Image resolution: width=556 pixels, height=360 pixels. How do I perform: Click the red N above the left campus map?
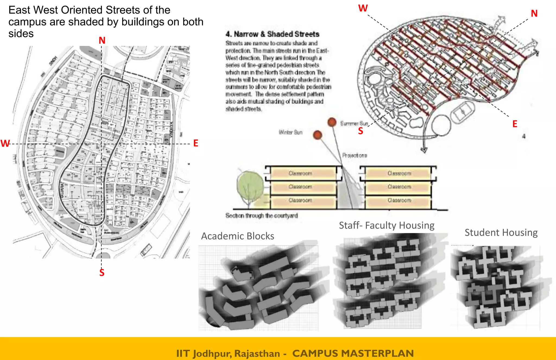[102, 40]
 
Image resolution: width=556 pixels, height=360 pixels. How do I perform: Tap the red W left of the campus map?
[5, 143]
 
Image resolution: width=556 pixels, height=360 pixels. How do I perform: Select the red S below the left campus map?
[102, 272]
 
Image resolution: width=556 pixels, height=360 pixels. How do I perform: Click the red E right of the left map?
[196, 143]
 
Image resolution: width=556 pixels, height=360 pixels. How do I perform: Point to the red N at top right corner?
[534, 13]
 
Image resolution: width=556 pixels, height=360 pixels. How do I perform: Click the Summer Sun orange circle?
[332, 122]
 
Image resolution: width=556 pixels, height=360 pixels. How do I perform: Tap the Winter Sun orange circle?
[317, 135]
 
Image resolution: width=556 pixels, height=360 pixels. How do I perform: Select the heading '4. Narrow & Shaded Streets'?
[272, 34]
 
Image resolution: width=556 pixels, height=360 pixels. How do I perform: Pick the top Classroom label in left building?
[300, 173]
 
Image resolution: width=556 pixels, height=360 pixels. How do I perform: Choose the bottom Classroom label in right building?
[399, 200]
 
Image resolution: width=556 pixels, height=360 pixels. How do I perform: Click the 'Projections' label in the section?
[355, 155]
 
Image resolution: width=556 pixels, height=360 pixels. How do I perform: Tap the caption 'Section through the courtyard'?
[261, 215]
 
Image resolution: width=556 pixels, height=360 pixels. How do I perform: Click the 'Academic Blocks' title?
[238, 236]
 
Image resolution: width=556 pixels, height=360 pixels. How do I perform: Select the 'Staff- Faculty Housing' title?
[387, 225]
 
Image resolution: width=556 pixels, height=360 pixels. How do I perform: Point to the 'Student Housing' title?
[501, 232]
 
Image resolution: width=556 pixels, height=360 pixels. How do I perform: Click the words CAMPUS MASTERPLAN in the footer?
[353, 353]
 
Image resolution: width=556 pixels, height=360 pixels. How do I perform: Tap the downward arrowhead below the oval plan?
[424, 150]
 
